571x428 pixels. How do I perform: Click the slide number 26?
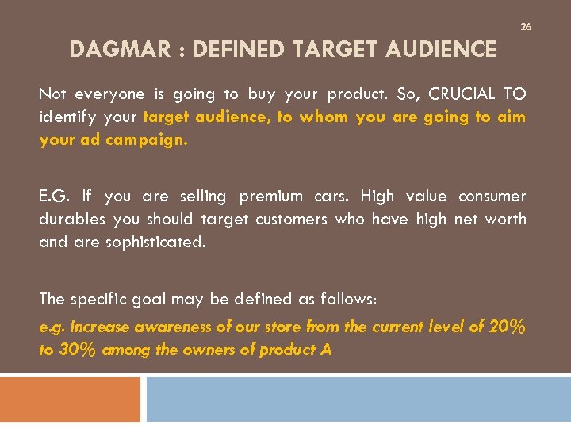tap(525, 27)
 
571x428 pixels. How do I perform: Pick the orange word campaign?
tap(148, 140)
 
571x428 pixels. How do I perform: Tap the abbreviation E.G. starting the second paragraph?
tap(54, 196)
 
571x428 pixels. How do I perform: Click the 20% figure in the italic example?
tap(507, 326)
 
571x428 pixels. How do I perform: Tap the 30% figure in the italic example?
tap(78, 350)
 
